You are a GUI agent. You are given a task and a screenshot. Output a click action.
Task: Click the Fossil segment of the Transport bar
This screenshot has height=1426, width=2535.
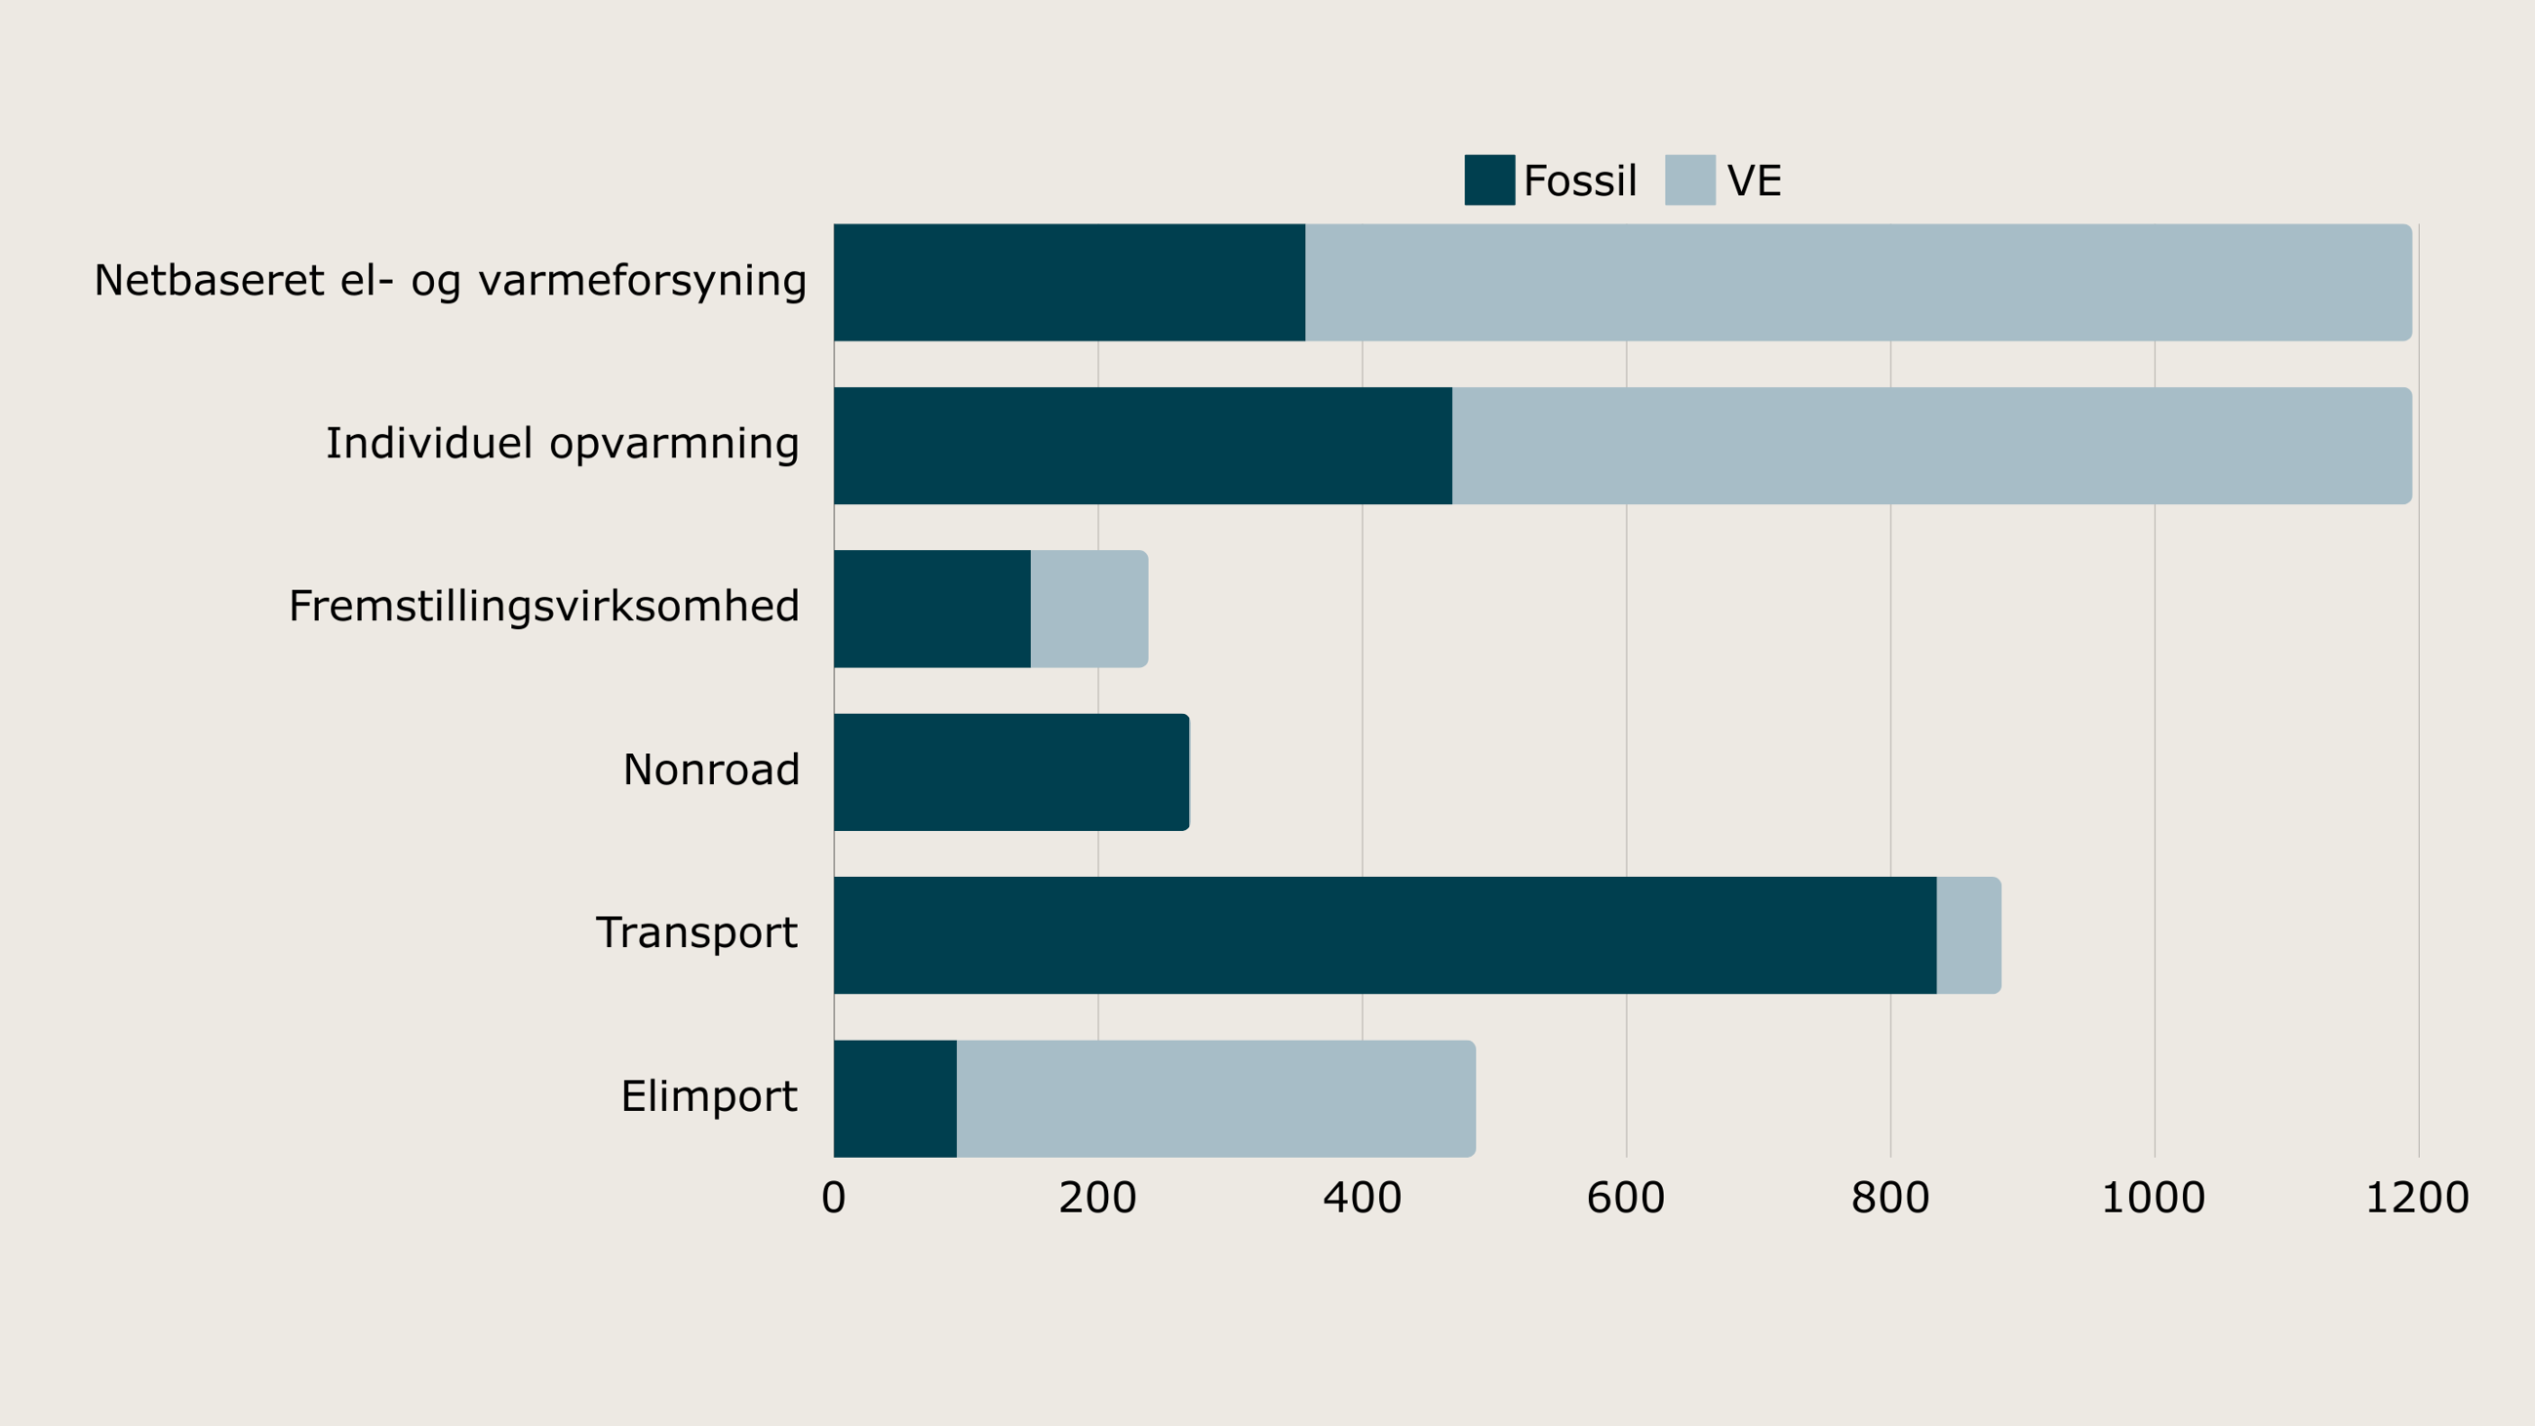[1385, 935]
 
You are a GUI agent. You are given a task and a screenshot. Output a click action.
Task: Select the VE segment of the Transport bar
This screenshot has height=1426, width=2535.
[1968, 935]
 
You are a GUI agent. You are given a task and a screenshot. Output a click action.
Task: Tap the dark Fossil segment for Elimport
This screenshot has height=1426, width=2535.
[894, 1098]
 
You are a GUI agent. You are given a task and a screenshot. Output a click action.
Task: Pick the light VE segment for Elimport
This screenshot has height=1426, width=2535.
[1215, 1098]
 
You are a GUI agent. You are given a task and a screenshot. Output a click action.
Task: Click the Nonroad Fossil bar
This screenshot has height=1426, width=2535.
[1010, 772]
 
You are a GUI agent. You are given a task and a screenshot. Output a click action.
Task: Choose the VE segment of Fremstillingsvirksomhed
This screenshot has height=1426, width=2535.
[1089, 609]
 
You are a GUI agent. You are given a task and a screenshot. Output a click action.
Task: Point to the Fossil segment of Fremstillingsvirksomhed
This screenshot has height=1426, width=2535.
[931, 609]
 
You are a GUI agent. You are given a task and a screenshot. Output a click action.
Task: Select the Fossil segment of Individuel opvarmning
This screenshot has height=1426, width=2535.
[1142, 445]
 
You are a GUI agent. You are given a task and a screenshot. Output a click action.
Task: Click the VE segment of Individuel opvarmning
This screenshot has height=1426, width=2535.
[1931, 445]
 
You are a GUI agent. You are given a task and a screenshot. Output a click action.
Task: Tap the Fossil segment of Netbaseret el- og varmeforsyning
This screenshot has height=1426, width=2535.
[1069, 283]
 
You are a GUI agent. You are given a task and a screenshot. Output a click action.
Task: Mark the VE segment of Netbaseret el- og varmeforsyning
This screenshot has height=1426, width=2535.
[1858, 283]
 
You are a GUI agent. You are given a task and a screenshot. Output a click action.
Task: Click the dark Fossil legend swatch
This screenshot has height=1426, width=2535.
[1489, 180]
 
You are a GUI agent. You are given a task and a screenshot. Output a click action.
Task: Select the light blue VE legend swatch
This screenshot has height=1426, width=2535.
[1689, 180]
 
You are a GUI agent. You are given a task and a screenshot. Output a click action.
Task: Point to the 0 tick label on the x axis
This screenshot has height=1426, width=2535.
[834, 1198]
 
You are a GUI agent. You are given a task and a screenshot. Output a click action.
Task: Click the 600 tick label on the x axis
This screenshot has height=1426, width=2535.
[1626, 1198]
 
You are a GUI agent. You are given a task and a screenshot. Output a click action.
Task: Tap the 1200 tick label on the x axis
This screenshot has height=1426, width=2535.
[2417, 1198]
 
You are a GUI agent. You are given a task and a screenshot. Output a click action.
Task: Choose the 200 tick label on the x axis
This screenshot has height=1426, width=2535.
[1097, 1198]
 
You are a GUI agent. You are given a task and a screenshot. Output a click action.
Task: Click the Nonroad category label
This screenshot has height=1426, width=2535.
[710, 770]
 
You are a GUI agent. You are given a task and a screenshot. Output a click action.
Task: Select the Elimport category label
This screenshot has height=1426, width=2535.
[708, 1096]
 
